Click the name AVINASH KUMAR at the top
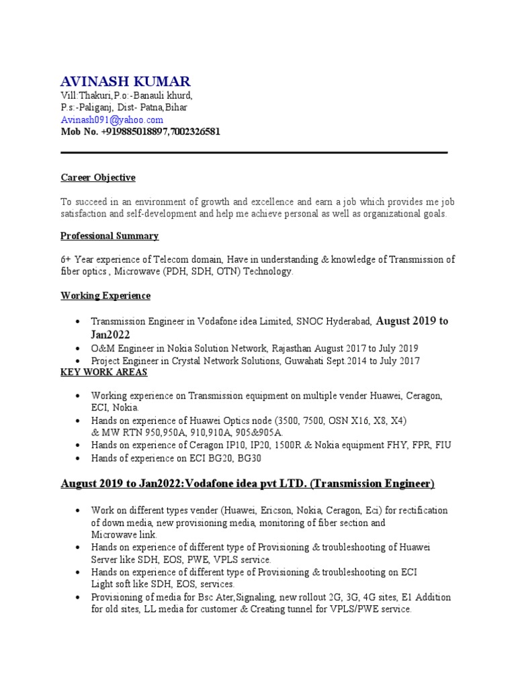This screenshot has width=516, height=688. coord(125,82)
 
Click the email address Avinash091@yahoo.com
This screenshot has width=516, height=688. coord(112,120)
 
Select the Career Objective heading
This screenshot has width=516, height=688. coord(97,178)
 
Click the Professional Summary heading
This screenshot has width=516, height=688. coord(110,236)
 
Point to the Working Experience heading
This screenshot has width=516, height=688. coord(105,296)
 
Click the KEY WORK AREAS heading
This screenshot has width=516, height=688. coord(103,372)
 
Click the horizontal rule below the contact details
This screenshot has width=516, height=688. coord(254,153)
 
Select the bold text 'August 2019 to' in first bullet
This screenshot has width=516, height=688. coord(412,321)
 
